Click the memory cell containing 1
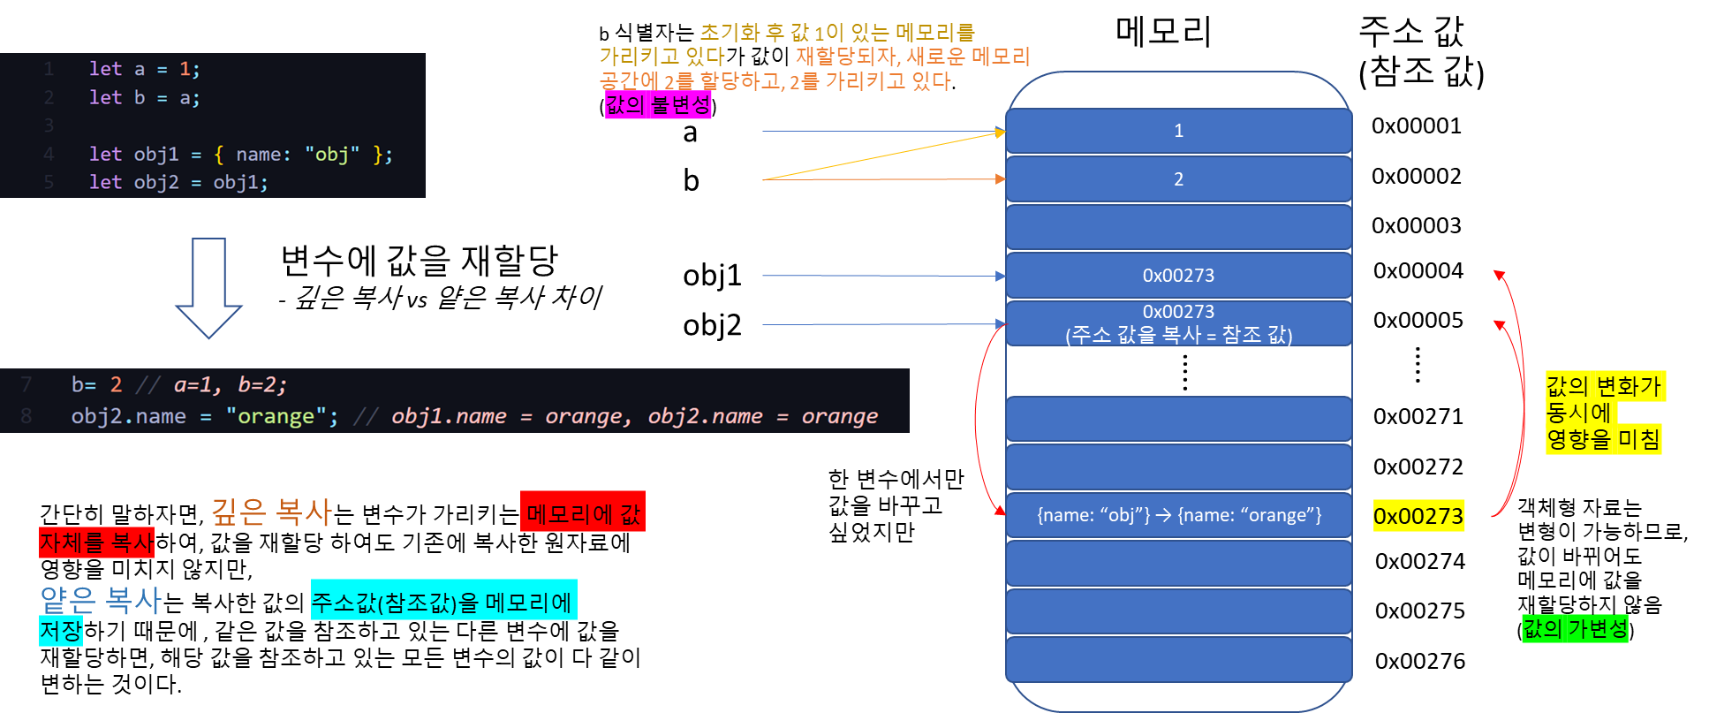click(x=1178, y=131)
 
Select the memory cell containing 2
click(x=1178, y=179)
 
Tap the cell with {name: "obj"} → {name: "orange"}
click(x=1178, y=515)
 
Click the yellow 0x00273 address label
click(x=1418, y=516)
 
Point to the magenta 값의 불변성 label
click(x=658, y=105)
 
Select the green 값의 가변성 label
click(x=1575, y=628)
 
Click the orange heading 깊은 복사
click(x=271, y=512)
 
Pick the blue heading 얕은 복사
click(x=101, y=601)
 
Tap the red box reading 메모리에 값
click(x=583, y=512)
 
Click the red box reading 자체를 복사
click(x=96, y=542)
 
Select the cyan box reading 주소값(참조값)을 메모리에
click(x=443, y=601)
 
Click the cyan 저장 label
click(x=61, y=631)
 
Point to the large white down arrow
click(x=209, y=287)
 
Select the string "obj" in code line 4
click(x=332, y=155)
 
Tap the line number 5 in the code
click(x=49, y=182)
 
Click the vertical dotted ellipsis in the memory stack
click(x=1184, y=372)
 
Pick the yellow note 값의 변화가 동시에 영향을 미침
click(x=1604, y=413)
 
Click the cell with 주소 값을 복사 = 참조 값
click(x=1178, y=323)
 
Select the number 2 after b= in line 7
click(x=116, y=384)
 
